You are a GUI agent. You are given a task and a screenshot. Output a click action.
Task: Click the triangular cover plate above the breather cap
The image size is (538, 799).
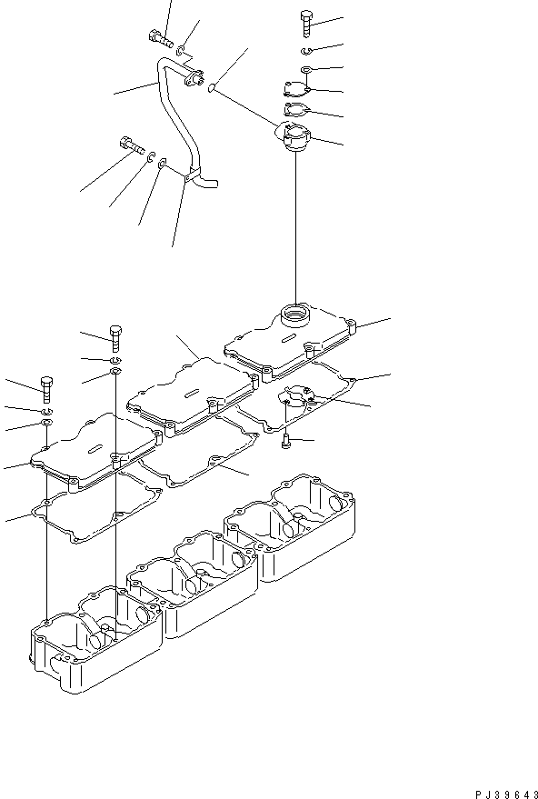point(294,90)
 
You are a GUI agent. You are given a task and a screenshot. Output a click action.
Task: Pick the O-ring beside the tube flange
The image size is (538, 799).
point(212,88)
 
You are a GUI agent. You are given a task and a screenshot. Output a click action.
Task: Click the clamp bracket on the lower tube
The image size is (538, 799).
point(187,178)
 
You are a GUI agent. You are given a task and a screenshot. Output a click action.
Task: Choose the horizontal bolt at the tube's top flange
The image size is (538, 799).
point(158,37)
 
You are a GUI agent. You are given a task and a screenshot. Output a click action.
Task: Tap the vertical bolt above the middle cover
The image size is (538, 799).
point(115,337)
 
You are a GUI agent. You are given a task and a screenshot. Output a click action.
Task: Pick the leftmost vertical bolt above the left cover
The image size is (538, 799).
point(45,388)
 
